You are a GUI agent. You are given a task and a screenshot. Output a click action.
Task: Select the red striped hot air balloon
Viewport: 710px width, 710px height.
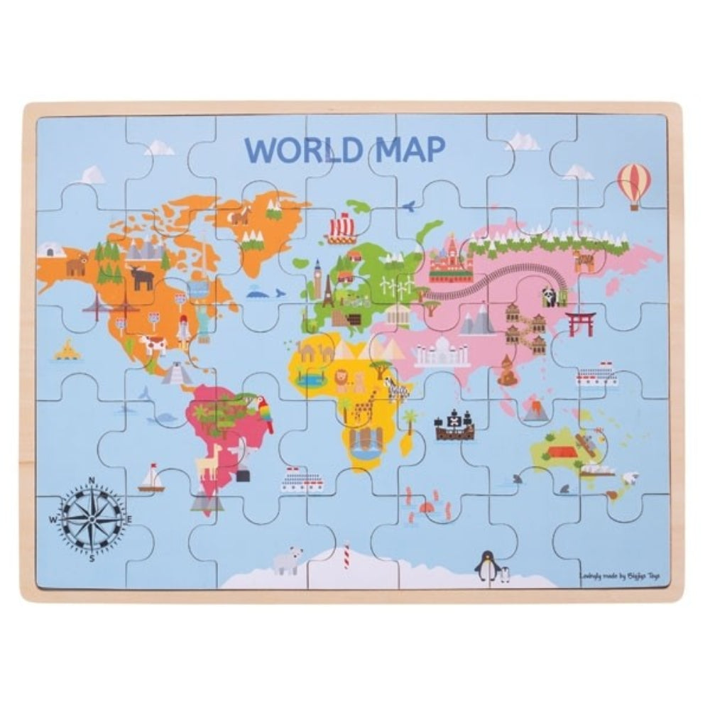[x=634, y=185]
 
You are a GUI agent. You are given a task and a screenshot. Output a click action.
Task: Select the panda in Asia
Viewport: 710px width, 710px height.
[x=550, y=297]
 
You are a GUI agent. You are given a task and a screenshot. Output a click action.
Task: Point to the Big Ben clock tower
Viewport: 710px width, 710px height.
[x=317, y=280]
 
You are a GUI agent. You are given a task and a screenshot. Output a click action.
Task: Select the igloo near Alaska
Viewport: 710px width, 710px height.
[x=52, y=249]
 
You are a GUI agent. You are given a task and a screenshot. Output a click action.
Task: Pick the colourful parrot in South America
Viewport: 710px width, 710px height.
[x=266, y=414]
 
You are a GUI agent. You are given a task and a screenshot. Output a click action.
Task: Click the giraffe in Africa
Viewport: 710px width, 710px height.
[x=365, y=413]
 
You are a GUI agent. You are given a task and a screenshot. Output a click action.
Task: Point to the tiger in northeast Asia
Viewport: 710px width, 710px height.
[x=584, y=261]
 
